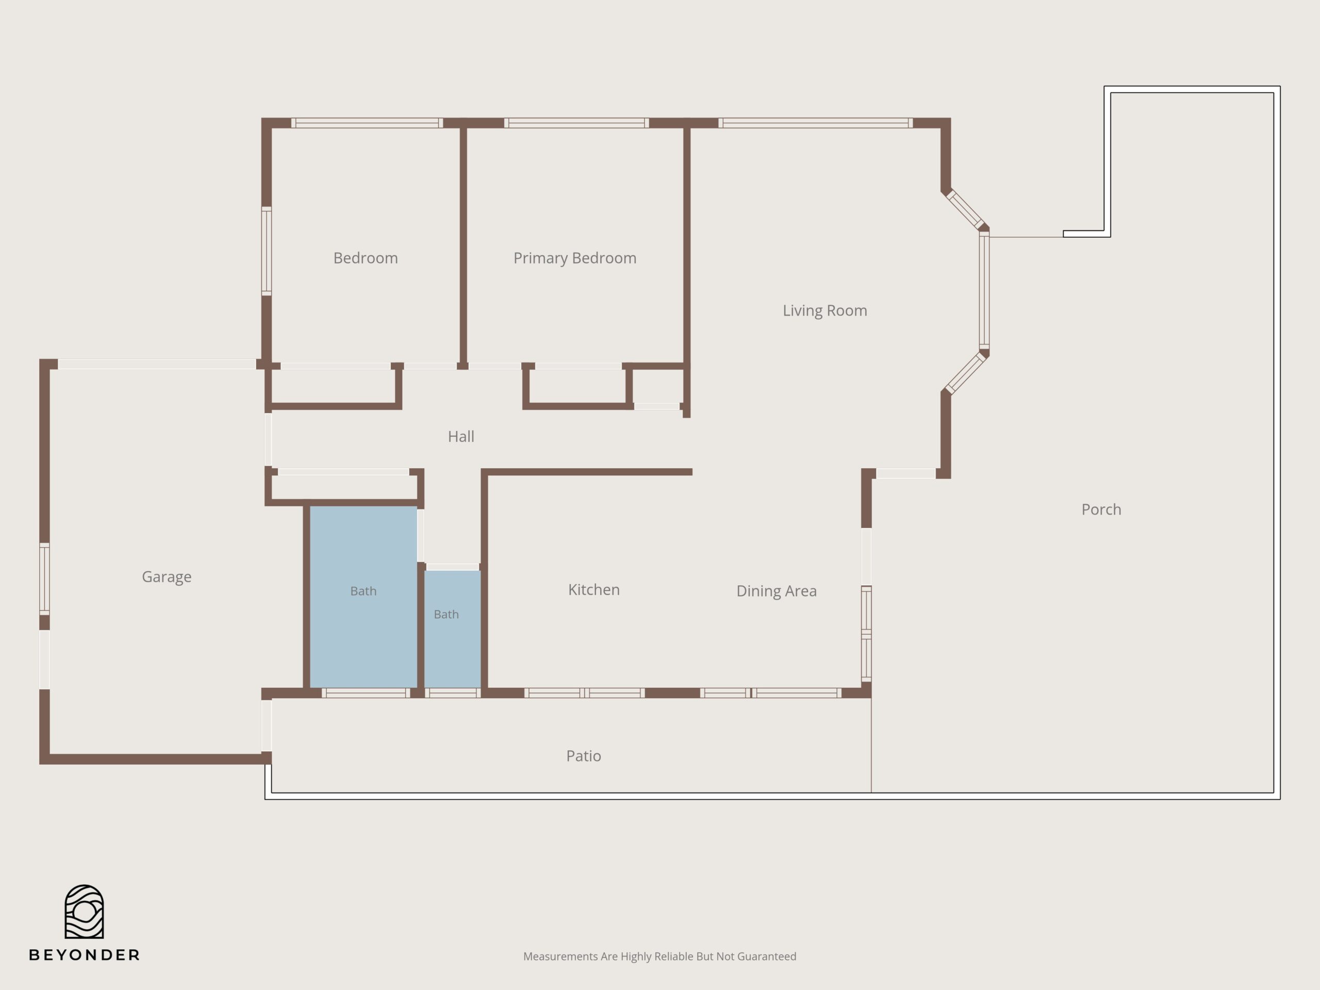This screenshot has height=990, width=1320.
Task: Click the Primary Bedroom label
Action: coord(575,258)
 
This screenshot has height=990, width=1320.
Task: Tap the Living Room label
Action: coord(824,310)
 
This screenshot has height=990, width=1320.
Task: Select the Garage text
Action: coord(167,577)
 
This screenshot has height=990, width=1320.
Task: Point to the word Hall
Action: coord(460,436)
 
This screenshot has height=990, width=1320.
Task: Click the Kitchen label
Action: coord(594,589)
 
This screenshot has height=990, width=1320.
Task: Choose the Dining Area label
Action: coord(777,591)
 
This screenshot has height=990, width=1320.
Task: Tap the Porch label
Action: coord(1101,509)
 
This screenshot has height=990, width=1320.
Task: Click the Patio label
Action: coord(583,756)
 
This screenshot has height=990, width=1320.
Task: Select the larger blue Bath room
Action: coord(364,597)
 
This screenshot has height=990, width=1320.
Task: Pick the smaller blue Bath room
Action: coord(452,629)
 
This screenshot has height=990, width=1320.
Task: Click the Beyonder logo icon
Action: coord(84,911)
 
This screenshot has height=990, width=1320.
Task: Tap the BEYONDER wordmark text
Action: coord(84,955)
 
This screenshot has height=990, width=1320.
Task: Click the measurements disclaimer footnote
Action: coord(659,956)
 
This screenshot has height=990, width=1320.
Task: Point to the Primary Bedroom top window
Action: coord(576,123)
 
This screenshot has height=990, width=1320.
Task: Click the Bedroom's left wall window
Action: coord(267,251)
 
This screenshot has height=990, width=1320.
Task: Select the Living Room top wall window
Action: coord(815,123)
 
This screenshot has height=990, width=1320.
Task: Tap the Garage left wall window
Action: coord(44,578)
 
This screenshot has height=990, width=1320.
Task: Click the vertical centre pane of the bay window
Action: coord(984,290)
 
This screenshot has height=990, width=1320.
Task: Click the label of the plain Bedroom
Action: coord(365,258)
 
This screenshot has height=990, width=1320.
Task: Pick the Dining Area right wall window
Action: coord(866,633)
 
